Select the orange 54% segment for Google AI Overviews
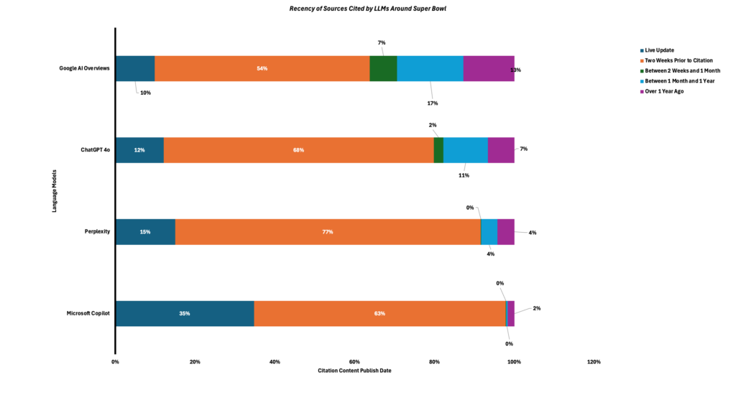pos(262,68)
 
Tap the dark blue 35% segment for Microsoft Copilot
pos(185,314)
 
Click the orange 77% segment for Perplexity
pos(328,232)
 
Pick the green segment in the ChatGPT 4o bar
pos(438,150)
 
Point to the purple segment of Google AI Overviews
pos(489,68)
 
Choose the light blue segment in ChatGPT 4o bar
pos(466,150)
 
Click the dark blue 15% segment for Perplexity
pos(145,232)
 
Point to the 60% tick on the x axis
pos(354,361)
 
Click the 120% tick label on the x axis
pos(594,361)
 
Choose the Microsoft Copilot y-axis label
pos(88,314)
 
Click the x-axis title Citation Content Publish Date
pos(354,371)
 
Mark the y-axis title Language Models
pos(55,190)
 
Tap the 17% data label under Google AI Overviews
pos(433,103)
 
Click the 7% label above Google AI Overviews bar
pos(382,42)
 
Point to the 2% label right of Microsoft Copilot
pos(536,308)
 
